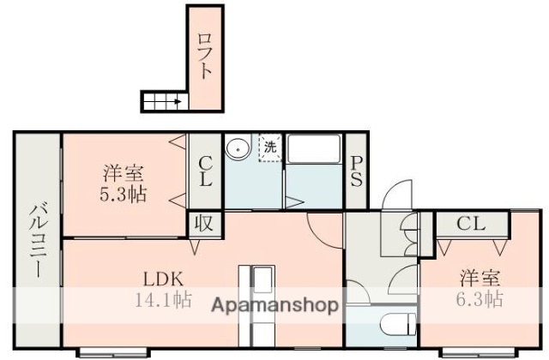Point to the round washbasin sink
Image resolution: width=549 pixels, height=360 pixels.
(x=237, y=149)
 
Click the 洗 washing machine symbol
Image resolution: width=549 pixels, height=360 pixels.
(x=269, y=147)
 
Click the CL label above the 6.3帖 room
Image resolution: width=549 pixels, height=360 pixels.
(x=470, y=225)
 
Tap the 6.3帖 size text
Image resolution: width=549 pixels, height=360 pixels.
(x=480, y=300)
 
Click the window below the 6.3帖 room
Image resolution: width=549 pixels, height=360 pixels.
(x=474, y=352)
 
